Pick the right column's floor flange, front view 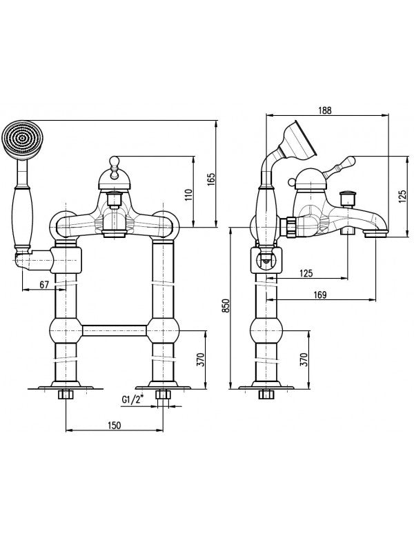point(163,386)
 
